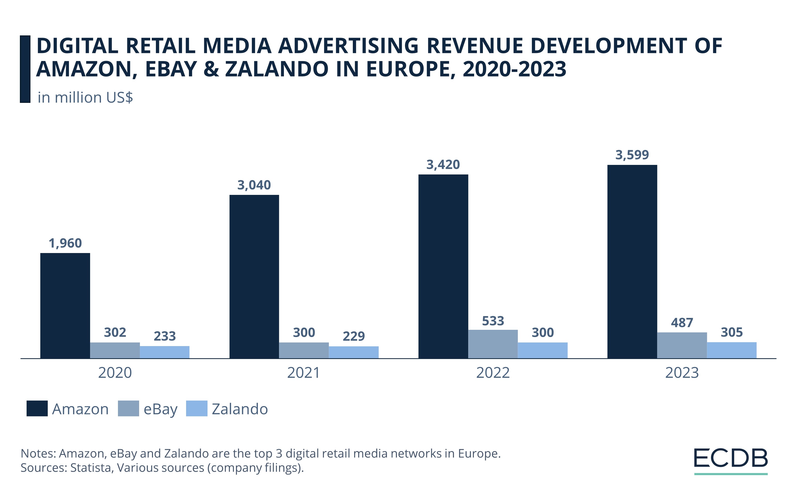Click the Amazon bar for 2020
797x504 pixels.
(x=65, y=306)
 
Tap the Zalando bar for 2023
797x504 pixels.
(x=732, y=350)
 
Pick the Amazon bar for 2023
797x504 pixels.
(x=632, y=262)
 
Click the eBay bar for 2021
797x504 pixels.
(x=304, y=350)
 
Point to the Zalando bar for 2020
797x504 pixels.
(x=164, y=352)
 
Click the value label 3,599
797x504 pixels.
(x=632, y=155)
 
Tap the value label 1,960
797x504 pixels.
(x=65, y=243)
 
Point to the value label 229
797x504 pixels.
(x=354, y=336)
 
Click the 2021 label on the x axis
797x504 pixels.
(x=304, y=373)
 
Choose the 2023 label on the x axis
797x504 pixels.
(x=682, y=373)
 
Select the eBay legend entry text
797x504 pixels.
(x=161, y=409)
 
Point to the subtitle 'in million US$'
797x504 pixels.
(x=85, y=97)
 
